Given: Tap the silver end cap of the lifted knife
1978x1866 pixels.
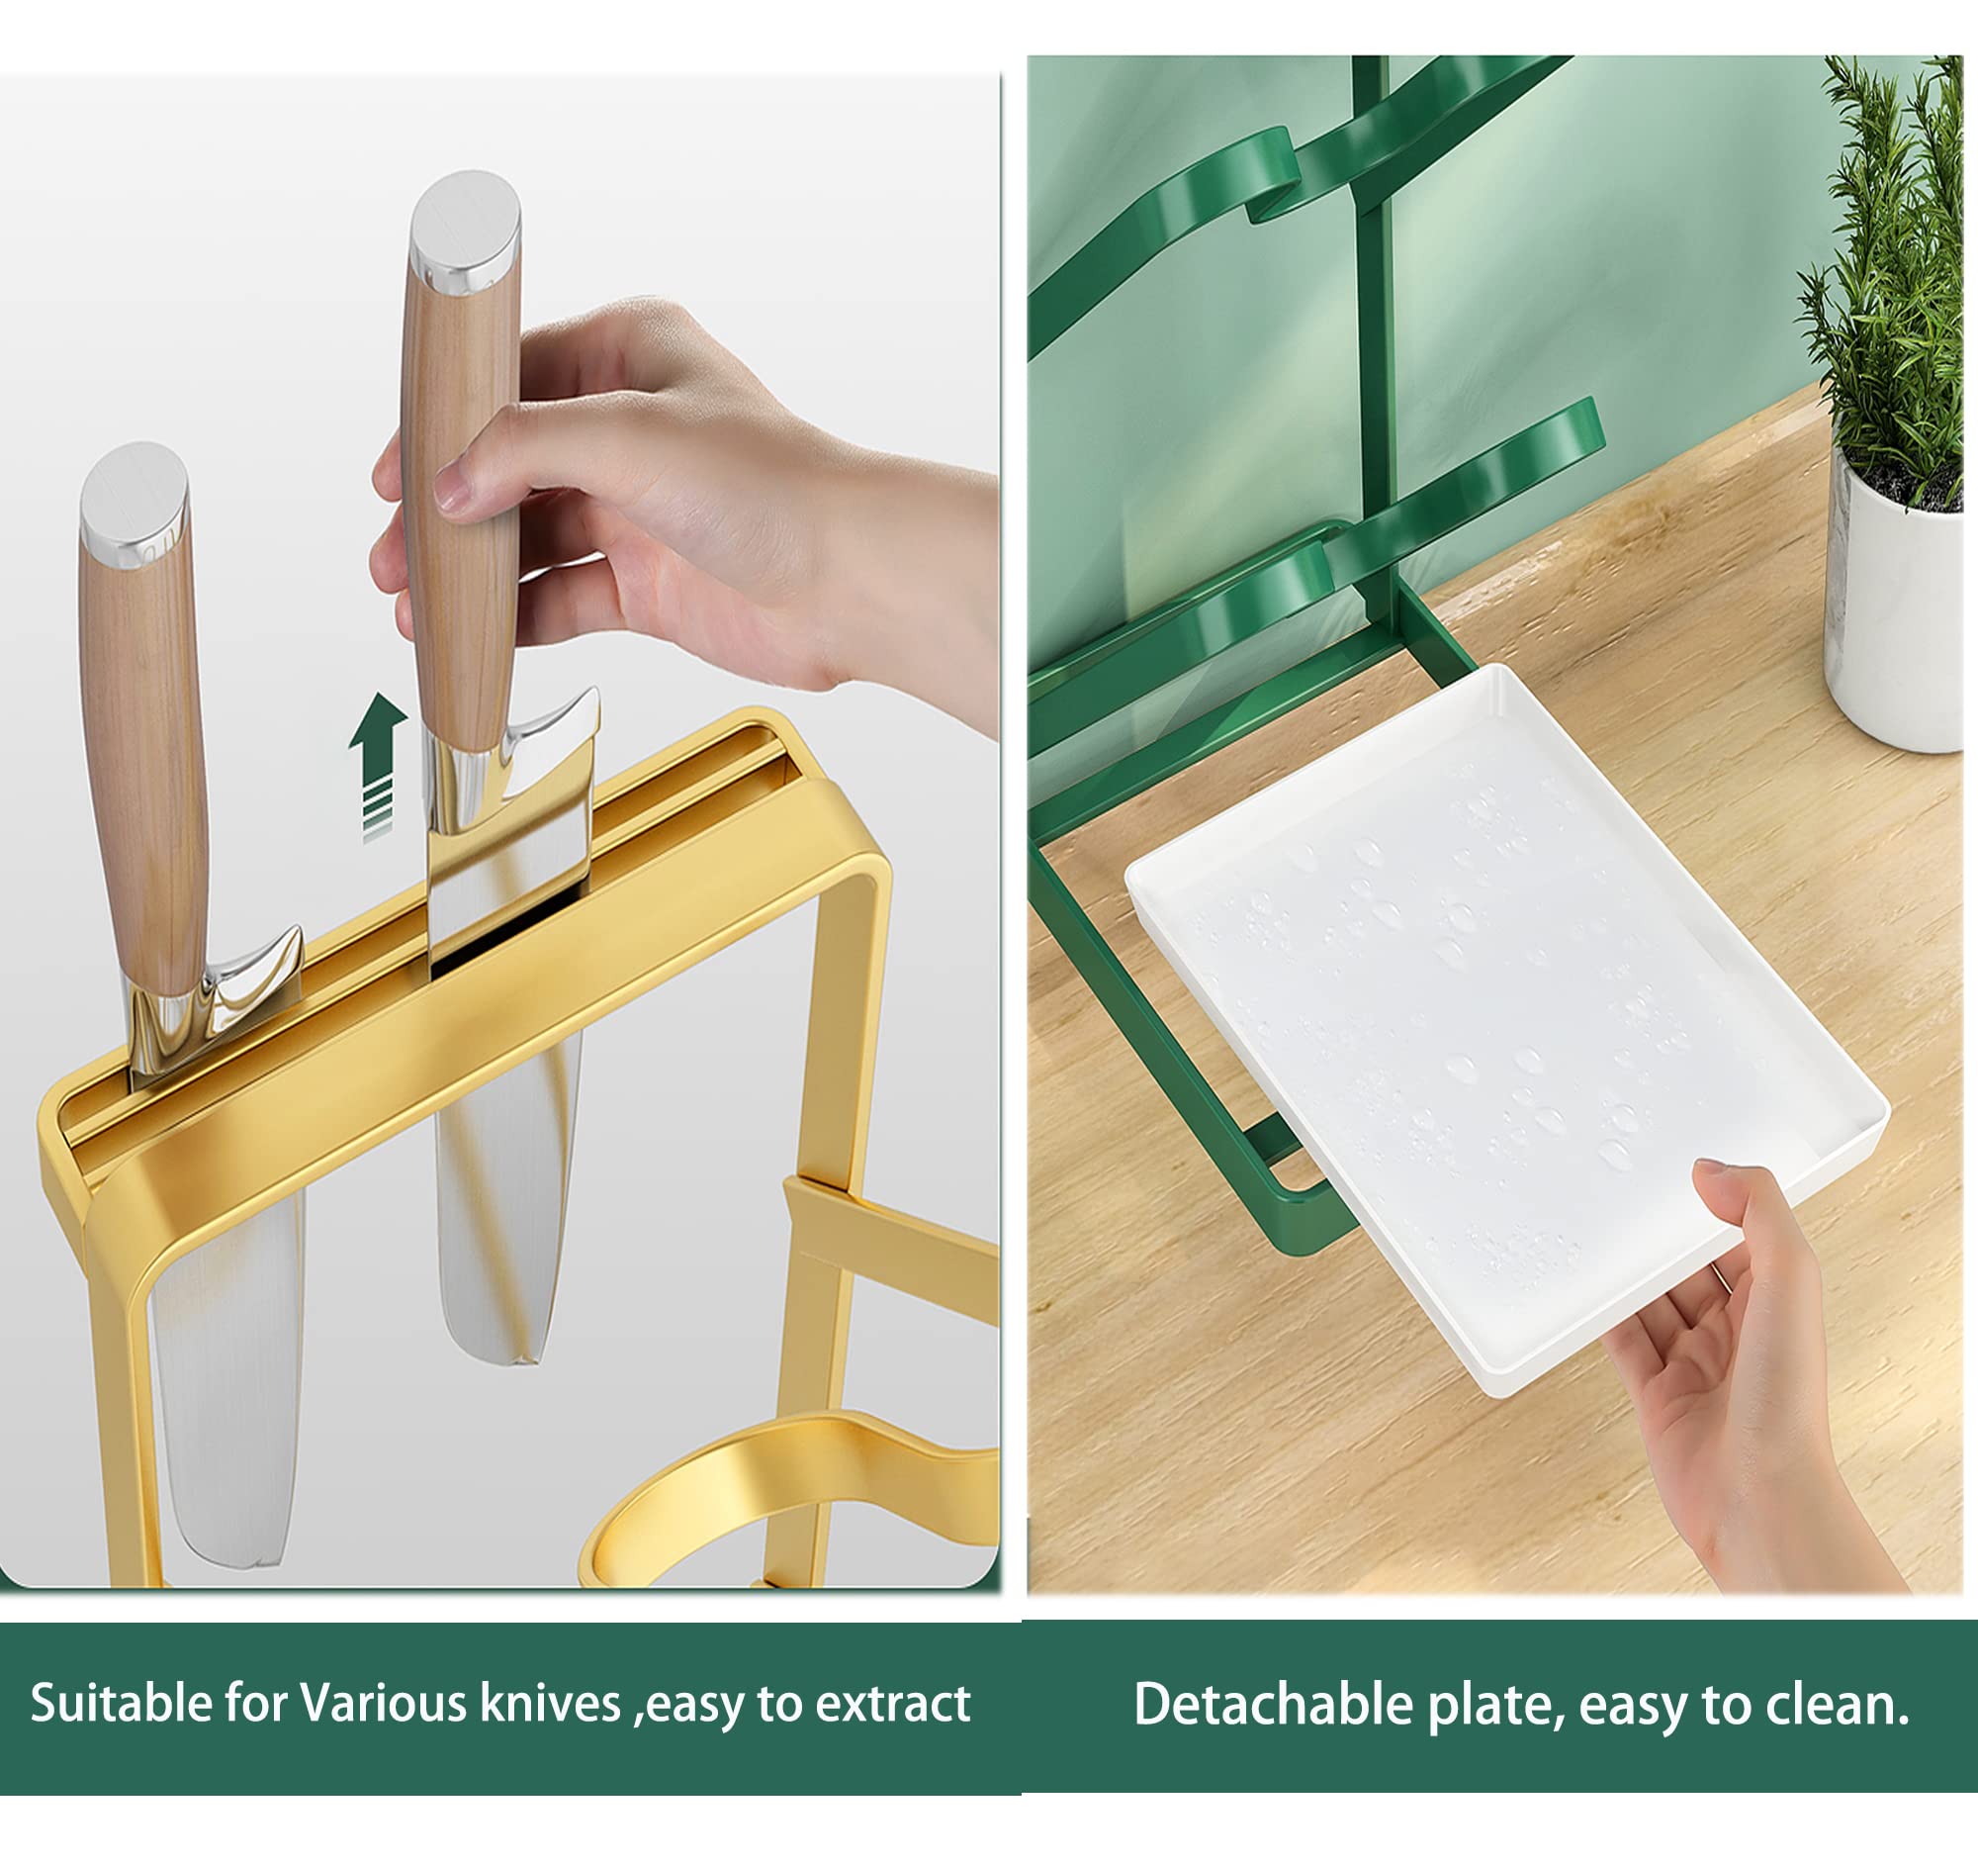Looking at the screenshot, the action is pos(465,231).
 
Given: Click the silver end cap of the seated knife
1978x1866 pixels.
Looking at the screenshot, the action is pos(134,504).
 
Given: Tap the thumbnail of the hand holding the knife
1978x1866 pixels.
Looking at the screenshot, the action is pos(453,488).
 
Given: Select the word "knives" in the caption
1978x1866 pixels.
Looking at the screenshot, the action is pos(550,1703).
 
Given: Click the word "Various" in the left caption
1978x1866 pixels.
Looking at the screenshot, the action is pos(384,1703).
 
